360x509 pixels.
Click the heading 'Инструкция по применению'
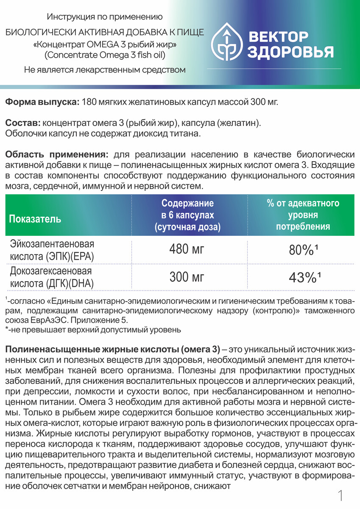[x=105, y=17]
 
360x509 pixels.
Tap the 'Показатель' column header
[x=35, y=219]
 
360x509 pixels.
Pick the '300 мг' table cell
[x=187, y=277]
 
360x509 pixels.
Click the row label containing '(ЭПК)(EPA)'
[x=52, y=257]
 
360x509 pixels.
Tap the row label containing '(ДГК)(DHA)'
[x=52, y=284]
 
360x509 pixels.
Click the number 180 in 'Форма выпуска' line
[x=88, y=102]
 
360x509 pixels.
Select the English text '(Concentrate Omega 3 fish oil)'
[x=105, y=55]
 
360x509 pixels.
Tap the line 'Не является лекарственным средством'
[x=105, y=70]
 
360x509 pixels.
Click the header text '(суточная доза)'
[x=188, y=227]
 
